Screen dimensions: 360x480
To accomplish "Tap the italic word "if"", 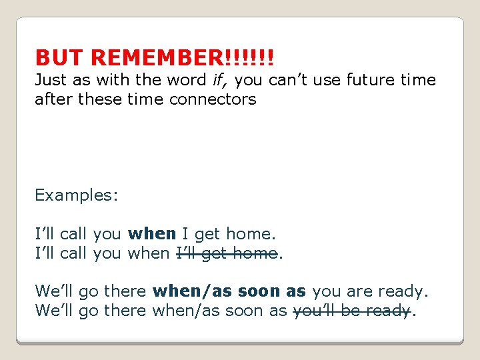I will (x=217, y=81).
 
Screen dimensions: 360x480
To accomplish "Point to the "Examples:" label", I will (x=77, y=195).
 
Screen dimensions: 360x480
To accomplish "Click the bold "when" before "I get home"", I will (x=152, y=234).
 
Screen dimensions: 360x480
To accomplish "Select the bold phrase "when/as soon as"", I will (x=229, y=291).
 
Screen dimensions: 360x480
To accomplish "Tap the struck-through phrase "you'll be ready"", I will (x=351, y=311).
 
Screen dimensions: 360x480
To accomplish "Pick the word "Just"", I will (x=51, y=81).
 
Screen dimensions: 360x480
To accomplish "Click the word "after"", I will (x=54, y=99).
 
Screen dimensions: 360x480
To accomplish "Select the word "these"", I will (x=99, y=99).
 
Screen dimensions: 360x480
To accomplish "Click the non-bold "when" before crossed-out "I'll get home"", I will (x=151, y=253).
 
